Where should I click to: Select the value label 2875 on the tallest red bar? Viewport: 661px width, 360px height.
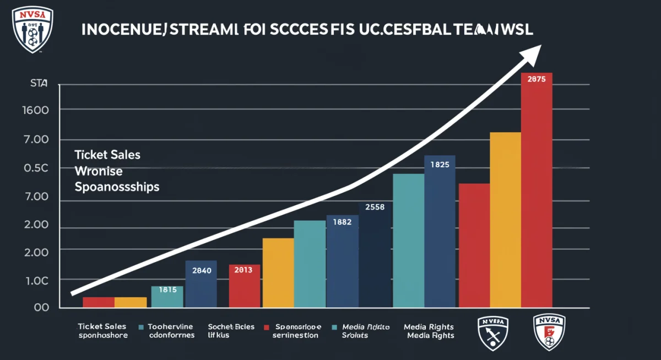536,79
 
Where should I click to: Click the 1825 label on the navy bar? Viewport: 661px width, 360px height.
440,164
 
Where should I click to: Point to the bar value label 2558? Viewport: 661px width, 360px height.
375,207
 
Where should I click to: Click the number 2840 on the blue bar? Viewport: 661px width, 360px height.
201,270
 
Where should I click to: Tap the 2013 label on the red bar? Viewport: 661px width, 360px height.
243,270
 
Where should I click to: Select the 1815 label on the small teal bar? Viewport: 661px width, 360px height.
167,289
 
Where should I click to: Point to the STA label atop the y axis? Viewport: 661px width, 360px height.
38,84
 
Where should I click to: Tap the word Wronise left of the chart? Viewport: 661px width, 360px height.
99,171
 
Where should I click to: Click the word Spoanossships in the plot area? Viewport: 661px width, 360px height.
116,187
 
